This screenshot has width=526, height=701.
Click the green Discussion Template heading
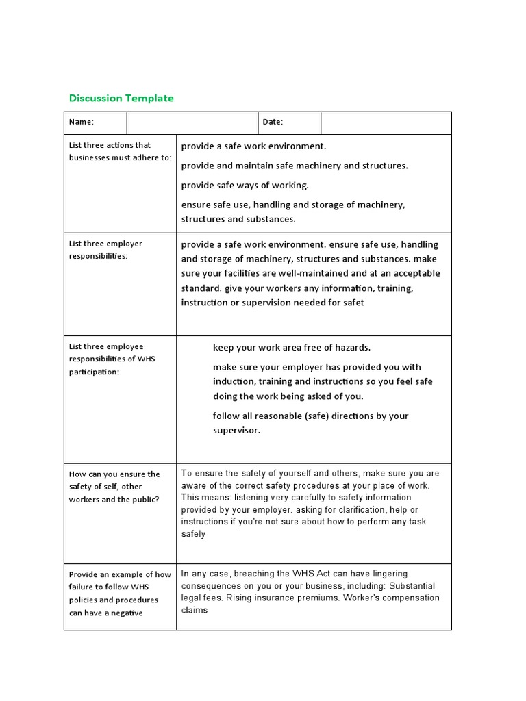pos(121,98)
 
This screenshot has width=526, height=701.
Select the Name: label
pos(81,123)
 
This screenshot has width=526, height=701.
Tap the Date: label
pos(272,123)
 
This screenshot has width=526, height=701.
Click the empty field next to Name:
pos(191,123)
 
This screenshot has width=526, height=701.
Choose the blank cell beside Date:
pos(386,123)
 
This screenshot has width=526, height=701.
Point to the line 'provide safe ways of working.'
pos(245,186)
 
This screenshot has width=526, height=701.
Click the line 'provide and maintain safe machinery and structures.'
pos(294,166)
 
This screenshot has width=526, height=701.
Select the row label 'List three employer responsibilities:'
pos(105,250)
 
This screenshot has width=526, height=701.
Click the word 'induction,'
pos(233,381)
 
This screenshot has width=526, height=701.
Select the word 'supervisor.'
pos(236,431)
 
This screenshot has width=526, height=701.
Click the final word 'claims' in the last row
pos(194,611)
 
